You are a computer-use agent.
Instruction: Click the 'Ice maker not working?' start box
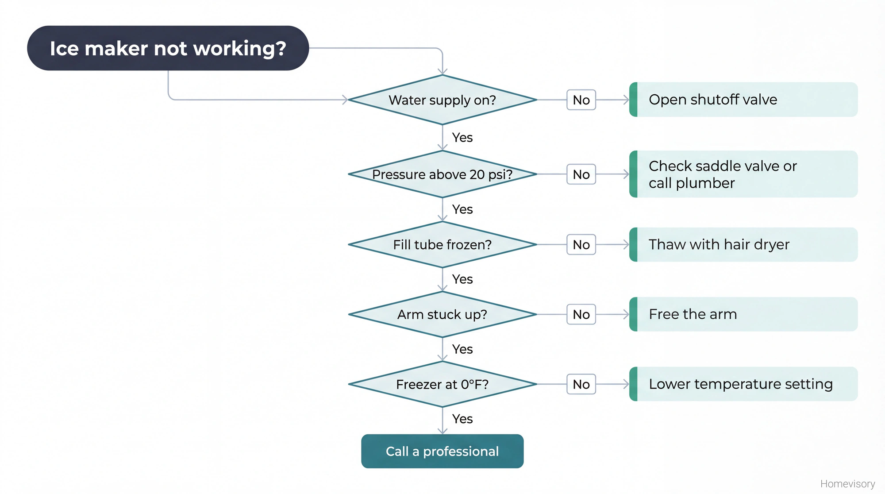pyautogui.click(x=168, y=48)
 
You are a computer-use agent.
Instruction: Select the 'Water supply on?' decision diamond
pyautogui.click(x=442, y=100)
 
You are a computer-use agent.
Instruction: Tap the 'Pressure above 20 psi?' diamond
pyautogui.click(x=442, y=174)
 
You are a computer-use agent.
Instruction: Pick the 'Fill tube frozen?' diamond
pyautogui.click(x=442, y=244)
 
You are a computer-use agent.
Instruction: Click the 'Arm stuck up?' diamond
pyautogui.click(x=442, y=314)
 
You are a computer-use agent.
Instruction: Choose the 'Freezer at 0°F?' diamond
pyautogui.click(x=442, y=384)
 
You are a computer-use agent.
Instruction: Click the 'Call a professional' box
pyautogui.click(x=442, y=451)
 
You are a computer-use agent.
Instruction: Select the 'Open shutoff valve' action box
pyautogui.click(x=743, y=100)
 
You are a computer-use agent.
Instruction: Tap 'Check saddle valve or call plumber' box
pyautogui.click(x=743, y=174)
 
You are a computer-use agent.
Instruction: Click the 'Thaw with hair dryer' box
pyautogui.click(x=743, y=244)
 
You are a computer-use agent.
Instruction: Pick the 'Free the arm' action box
pyautogui.click(x=743, y=314)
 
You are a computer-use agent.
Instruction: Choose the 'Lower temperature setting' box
pyautogui.click(x=743, y=384)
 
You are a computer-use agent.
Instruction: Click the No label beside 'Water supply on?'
pyautogui.click(x=581, y=100)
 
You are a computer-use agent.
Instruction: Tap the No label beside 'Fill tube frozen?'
pyautogui.click(x=581, y=244)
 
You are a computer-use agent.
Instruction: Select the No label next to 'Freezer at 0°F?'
pyautogui.click(x=581, y=384)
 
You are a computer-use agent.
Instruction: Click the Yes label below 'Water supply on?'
pyautogui.click(x=462, y=138)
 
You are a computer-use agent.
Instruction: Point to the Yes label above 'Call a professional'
pyautogui.click(x=462, y=419)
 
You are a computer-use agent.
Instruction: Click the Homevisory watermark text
pyautogui.click(x=847, y=484)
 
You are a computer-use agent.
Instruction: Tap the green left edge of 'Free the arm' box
pyautogui.click(x=633, y=314)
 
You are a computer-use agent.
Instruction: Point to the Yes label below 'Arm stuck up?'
pyautogui.click(x=462, y=349)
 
